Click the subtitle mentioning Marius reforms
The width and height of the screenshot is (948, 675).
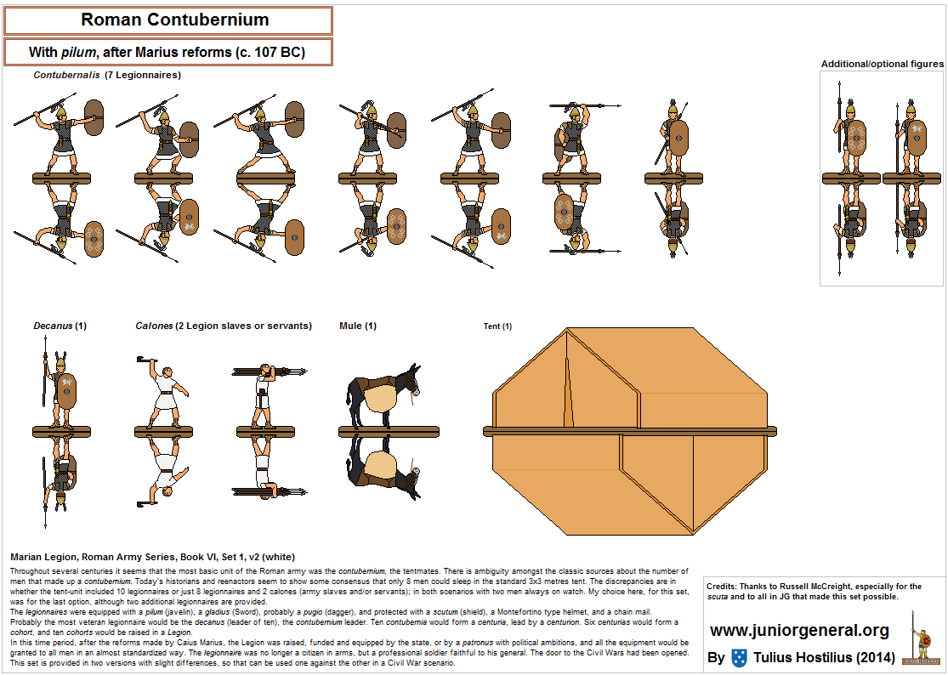[167, 52]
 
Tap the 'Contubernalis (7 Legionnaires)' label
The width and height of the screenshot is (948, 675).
[107, 75]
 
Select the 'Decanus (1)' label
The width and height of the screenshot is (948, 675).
[60, 326]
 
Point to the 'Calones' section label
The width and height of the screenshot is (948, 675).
[223, 326]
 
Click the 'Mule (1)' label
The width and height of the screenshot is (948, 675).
[357, 326]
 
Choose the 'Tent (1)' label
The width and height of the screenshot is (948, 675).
[497, 326]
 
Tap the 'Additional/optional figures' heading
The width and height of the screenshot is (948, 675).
[882, 64]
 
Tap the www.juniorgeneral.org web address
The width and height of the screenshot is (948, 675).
[799, 631]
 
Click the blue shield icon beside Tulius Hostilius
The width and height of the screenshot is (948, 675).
[739, 658]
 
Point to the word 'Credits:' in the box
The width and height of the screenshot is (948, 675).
[724, 587]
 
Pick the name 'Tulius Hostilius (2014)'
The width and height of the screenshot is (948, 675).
[823, 658]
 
